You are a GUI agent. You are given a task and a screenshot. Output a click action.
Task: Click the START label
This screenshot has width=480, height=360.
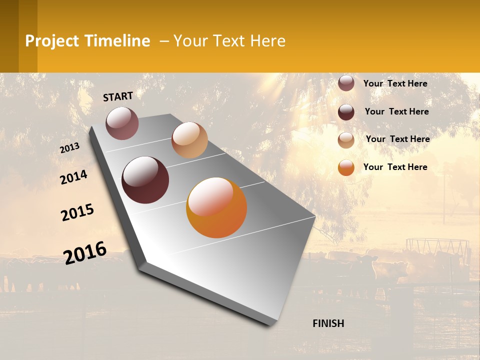pyautogui.click(x=118, y=96)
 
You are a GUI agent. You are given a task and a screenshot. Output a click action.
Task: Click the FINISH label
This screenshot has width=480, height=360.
pyautogui.click(x=328, y=323)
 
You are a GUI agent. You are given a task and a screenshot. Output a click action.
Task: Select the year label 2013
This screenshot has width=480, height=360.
pyautogui.click(x=69, y=148)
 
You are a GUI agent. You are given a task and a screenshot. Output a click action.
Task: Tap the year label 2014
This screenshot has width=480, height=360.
pyautogui.click(x=74, y=177)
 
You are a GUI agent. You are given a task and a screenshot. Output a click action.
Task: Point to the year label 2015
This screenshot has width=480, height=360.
pyautogui.click(x=77, y=212)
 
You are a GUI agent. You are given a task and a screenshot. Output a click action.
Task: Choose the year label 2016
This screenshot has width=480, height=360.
pyautogui.click(x=85, y=253)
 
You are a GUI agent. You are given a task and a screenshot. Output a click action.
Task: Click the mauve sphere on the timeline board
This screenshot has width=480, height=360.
pyautogui.click(x=122, y=123)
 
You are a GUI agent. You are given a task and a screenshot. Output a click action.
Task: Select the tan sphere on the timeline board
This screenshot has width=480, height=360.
pyautogui.click(x=189, y=140)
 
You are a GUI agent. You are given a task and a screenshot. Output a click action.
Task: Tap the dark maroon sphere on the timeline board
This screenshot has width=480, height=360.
pyautogui.click(x=145, y=180)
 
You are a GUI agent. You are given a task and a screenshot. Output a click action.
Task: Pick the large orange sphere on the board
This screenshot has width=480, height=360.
pyautogui.click(x=216, y=207)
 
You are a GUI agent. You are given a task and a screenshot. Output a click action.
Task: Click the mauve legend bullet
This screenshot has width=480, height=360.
pyautogui.click(x=346, y=83)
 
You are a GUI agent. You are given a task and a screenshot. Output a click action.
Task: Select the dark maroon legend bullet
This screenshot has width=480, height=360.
pyautogui.click(x=346, y=112)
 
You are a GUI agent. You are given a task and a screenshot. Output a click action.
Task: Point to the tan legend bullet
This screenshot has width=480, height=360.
pyautogui.click(x=346, y=140)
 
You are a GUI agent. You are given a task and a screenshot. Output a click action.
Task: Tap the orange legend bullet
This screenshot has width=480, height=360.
pyautogui.click(x=346, y=167)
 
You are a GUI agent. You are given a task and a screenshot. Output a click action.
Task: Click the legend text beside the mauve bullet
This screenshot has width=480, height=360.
pyautogui.click(x=395, y=83)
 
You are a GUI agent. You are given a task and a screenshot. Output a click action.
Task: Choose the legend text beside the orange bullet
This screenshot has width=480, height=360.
pyautogui.click(x=395, y=167)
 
